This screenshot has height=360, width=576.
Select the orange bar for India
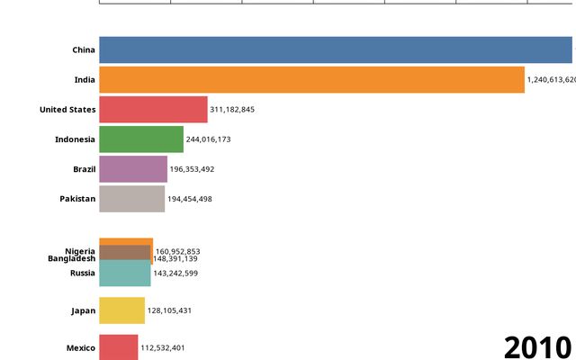pos(311,79)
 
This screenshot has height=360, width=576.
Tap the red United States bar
pos(153,109)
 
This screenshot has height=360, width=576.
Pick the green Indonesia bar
pos(141,139)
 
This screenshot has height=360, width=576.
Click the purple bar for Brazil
pos(133,168)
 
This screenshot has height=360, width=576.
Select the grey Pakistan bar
pos(132,198)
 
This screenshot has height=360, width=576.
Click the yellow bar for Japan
pos(121,310)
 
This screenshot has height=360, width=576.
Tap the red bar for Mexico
pos(119,347)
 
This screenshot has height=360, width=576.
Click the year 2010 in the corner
pos(537,346)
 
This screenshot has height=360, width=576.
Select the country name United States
pos(67,110)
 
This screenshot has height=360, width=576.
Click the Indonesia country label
pos(75,139)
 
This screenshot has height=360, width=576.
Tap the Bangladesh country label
pos(71,258)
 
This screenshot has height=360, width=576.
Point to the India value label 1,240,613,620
pos(551,79)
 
